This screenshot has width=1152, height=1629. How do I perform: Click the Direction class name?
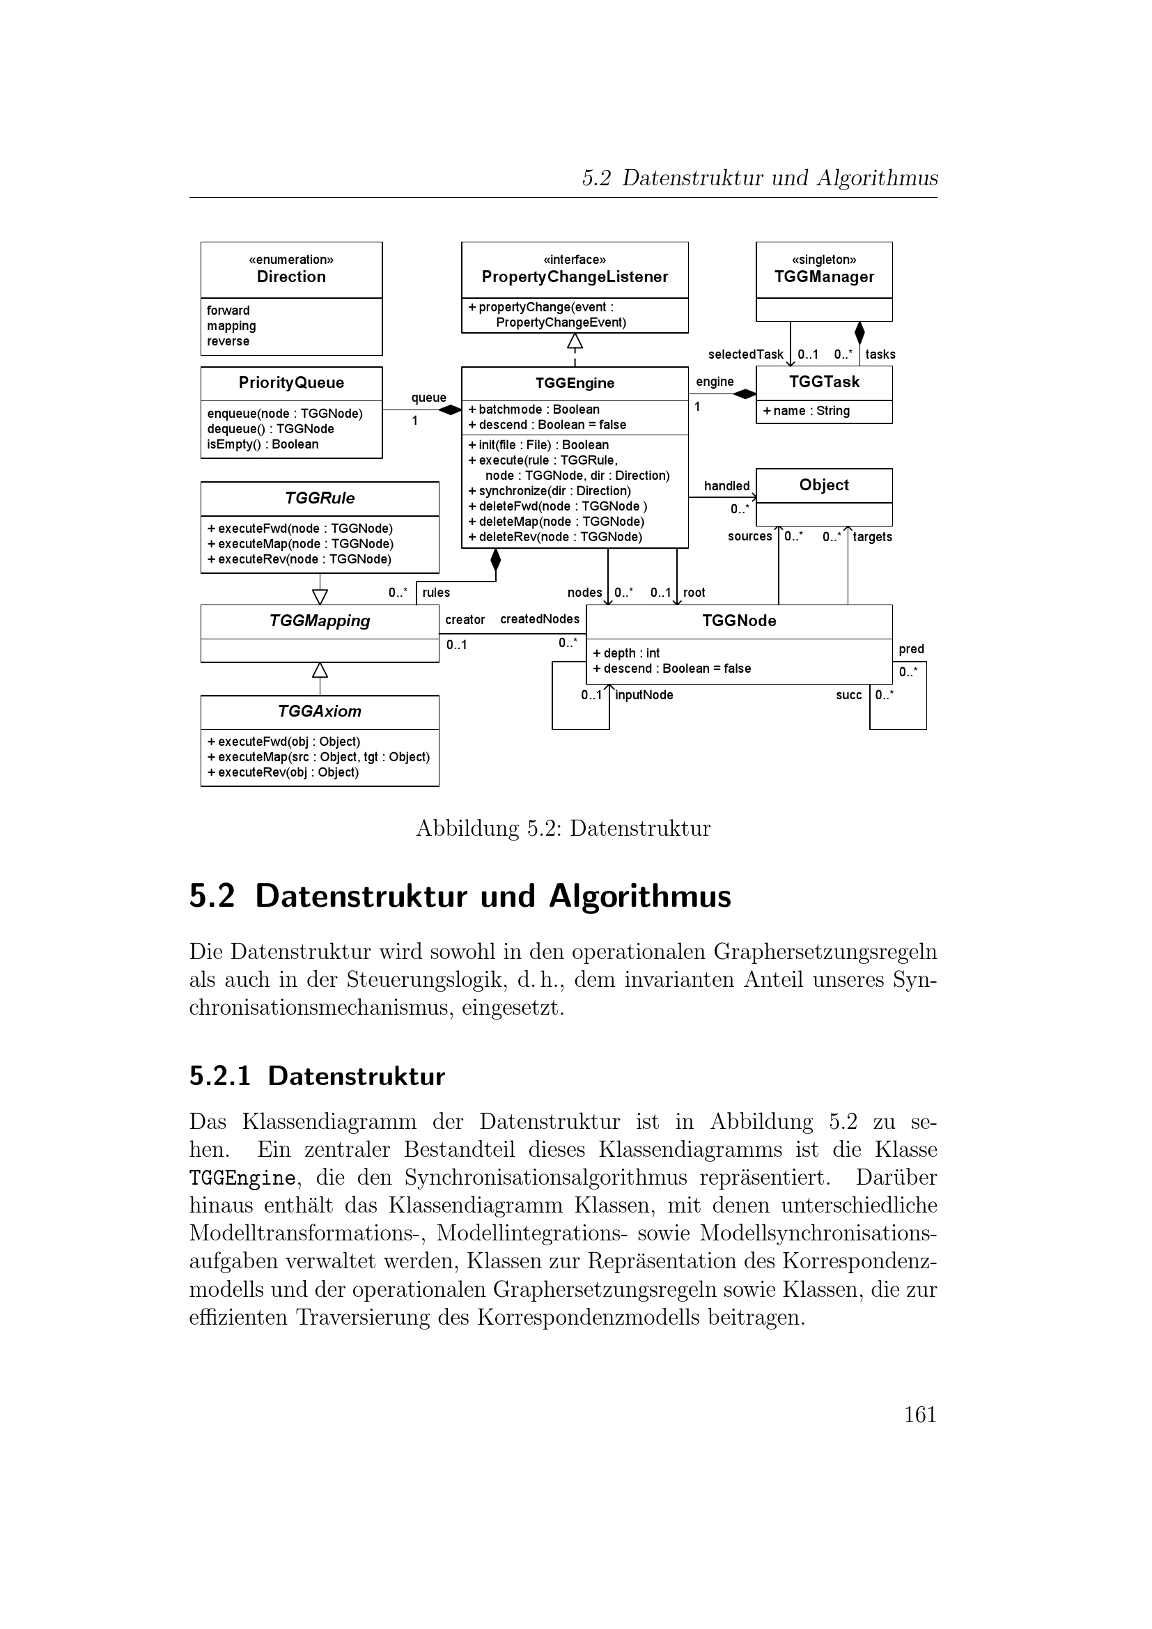click(291, 276)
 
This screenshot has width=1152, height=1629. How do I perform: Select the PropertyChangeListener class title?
click(575, 276)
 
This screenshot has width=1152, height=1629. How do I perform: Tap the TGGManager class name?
click(823, 276)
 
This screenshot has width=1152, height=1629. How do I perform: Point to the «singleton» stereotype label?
click(823, 260)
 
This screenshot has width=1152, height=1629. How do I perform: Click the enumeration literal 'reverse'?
click(228, 341)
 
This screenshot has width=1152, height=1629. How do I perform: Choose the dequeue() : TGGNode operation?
click(270, 428)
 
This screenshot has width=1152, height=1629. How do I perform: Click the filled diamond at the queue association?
click(450, 410)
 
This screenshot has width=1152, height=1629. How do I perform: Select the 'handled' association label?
click(726, 486)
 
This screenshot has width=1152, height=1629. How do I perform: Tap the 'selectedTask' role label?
click(745, 354)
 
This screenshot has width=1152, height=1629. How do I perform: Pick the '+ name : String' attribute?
click(806, 411)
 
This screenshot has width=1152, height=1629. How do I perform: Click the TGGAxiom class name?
click(319, 711)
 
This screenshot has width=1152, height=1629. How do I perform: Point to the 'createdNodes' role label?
click(540, 619)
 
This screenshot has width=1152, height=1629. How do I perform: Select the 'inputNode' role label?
click(644, 695)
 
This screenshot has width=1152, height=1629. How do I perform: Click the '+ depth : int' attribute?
click(626, 653)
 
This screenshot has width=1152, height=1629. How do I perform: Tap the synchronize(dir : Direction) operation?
click(549, 491)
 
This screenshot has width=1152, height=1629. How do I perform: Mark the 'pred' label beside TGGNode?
click(911, 649)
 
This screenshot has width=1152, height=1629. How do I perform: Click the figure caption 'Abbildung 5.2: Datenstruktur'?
click(563, 828)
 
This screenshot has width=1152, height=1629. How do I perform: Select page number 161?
click(920, 1414)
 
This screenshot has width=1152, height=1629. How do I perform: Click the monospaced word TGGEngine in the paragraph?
click(242, 1178)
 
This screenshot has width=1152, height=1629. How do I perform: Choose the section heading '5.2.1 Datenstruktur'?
click(317, 1076)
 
